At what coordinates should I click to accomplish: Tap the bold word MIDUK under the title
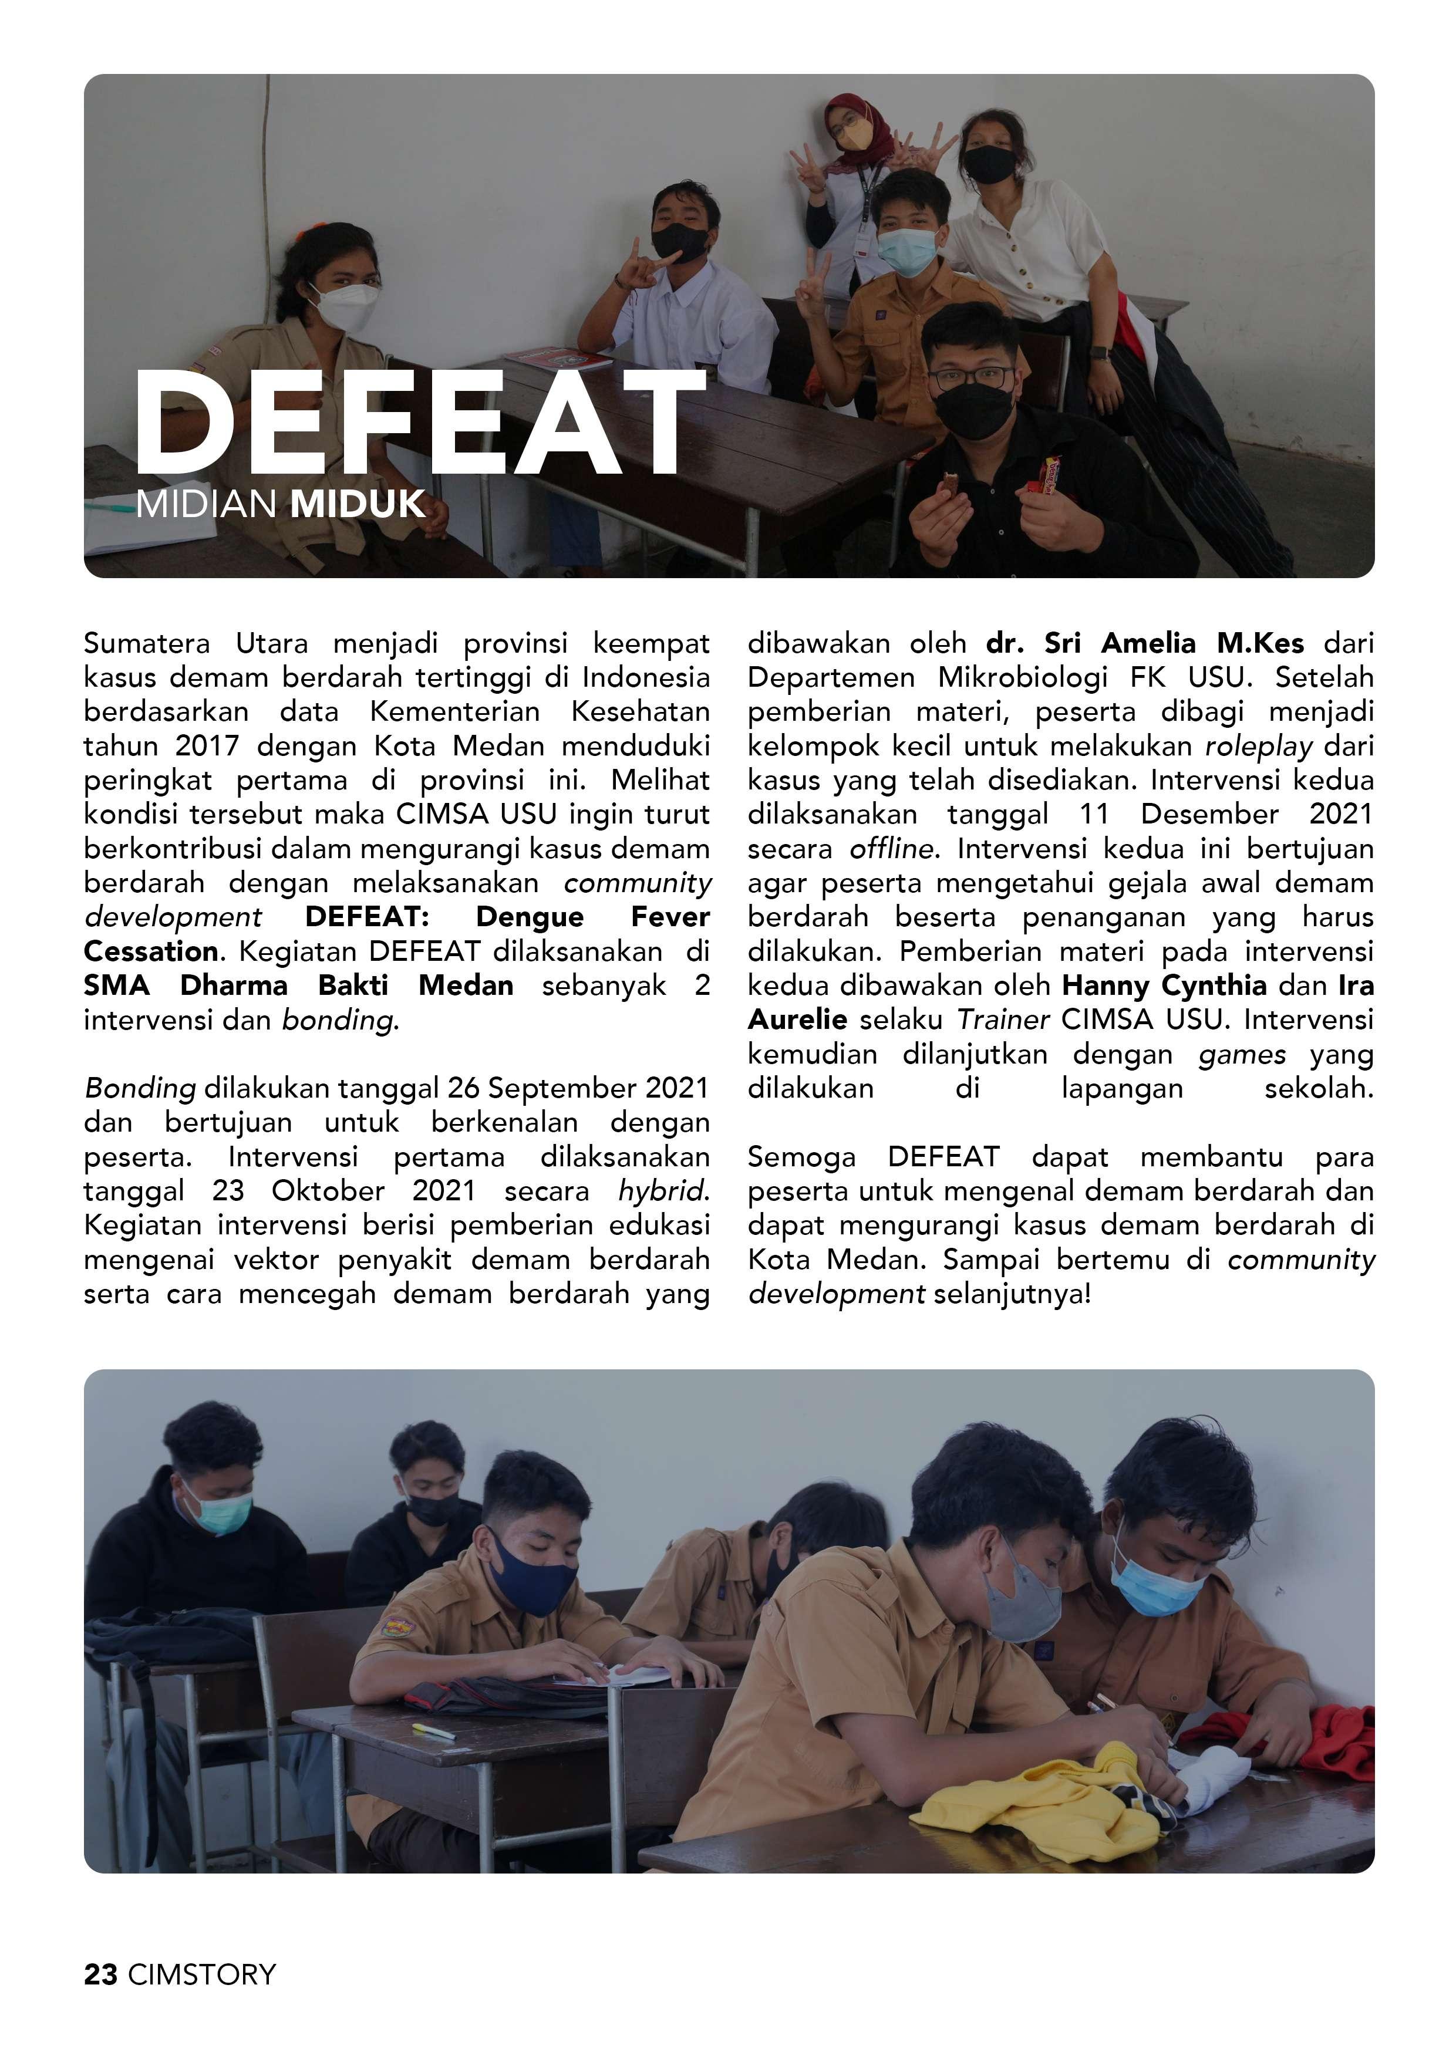coord(357,505)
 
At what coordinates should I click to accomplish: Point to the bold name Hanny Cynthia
coord(1164,985)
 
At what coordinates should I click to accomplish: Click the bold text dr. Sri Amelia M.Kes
coord(1145,643)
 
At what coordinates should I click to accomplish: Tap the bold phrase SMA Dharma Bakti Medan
coord(299,985)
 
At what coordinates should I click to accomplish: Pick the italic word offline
coord(892,848)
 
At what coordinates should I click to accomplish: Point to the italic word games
coord(1242,1054)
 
